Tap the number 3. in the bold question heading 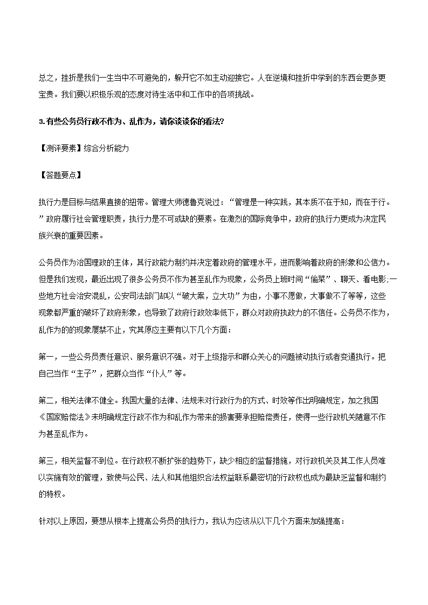click(x=42, y=121)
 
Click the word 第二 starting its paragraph click(x=45, y=400)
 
